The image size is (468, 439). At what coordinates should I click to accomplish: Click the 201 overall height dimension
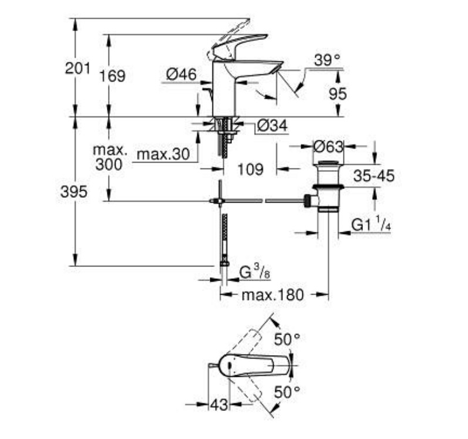click(78, 68)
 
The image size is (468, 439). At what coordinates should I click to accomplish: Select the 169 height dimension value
click(112, 76)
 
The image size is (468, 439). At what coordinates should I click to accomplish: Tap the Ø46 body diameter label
click(181, 74)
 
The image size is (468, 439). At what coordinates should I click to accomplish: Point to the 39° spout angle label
click(328, 60)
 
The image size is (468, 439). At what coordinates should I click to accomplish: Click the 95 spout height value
click(338, 94)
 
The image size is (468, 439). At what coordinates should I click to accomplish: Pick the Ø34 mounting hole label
click(272, 126)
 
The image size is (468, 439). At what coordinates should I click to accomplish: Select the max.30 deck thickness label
click(163, 154)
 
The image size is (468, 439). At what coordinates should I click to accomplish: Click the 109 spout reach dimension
click(251, 170)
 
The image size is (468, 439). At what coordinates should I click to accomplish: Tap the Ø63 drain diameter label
click(328, 147)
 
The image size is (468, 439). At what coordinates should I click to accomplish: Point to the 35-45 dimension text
click(374, 175)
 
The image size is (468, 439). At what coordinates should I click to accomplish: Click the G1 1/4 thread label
click(371, 224)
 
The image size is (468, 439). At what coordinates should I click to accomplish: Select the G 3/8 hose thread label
click(255, 272)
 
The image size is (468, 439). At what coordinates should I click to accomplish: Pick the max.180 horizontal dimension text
click(272, 295)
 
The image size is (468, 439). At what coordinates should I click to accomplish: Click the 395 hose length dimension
click(74, 191)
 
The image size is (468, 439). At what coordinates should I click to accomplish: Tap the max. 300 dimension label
click(110, 157)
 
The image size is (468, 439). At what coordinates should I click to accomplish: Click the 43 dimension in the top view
click(219, 405)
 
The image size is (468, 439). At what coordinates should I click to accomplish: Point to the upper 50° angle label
click(287, 339)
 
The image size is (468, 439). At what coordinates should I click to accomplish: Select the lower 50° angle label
click(287, 391)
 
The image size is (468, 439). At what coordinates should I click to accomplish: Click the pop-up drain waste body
click(328, 187)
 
